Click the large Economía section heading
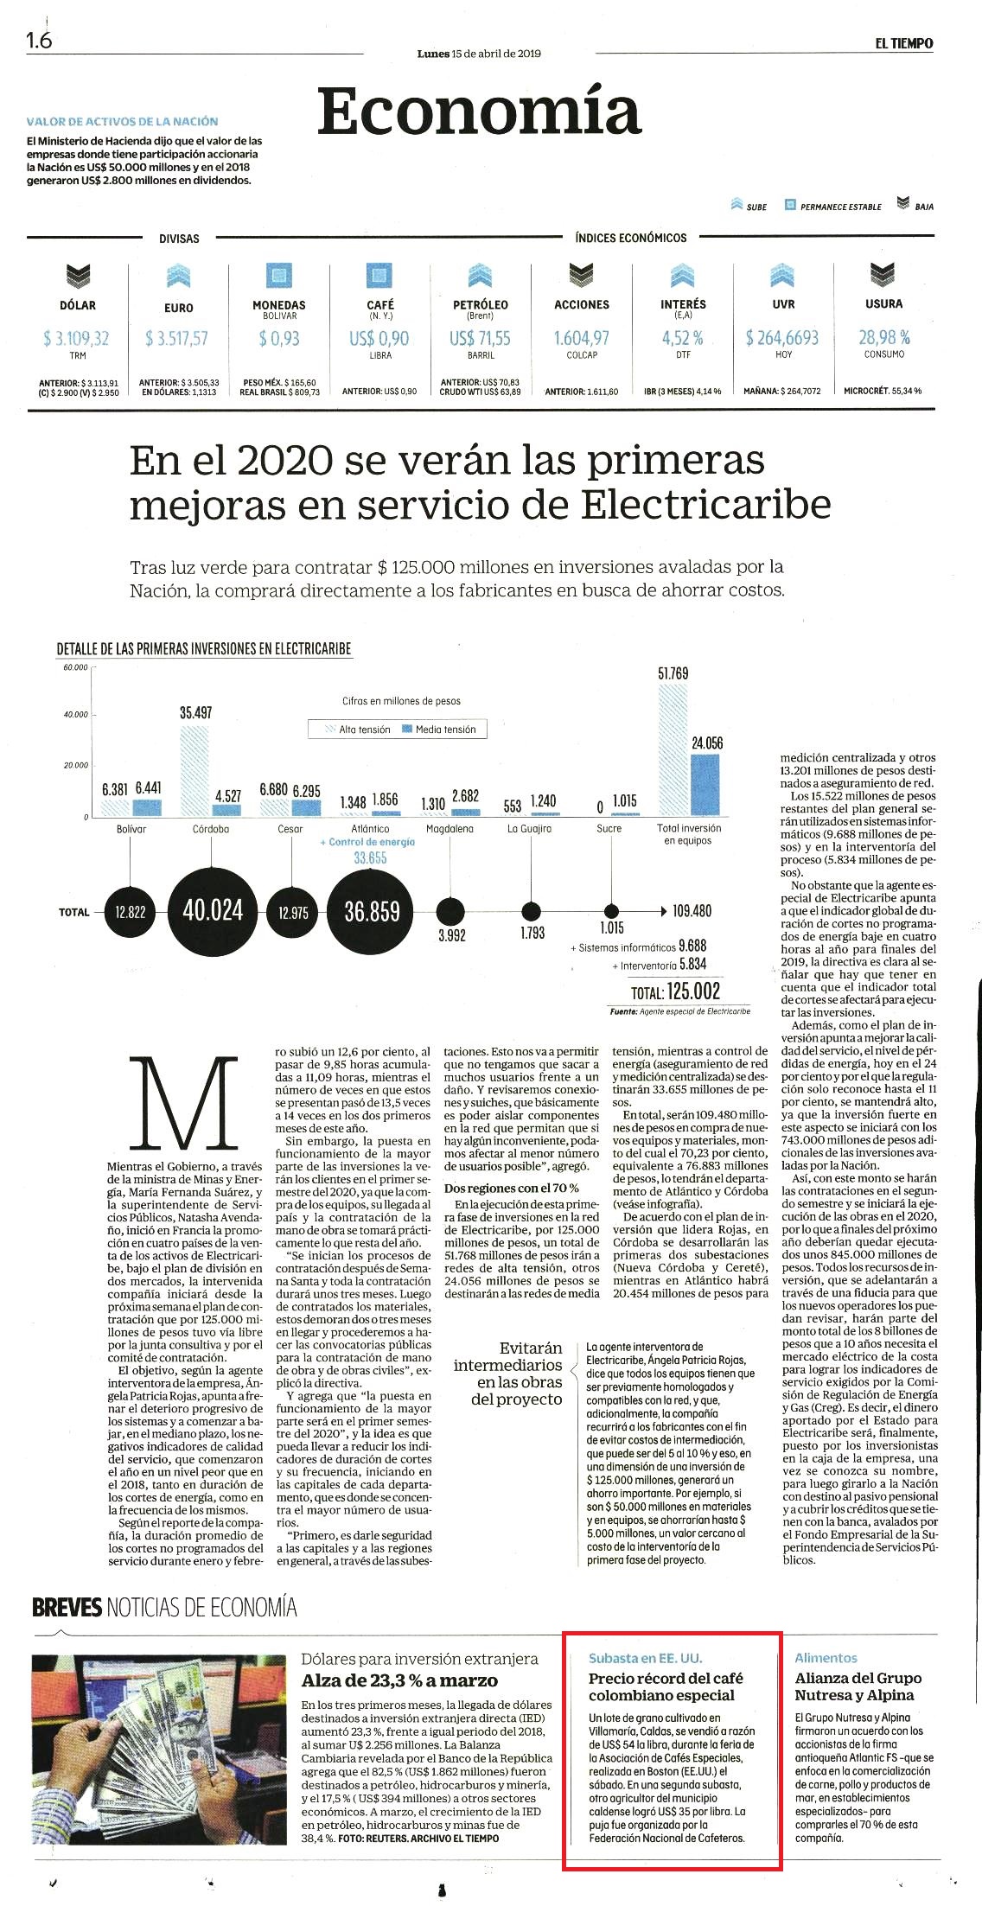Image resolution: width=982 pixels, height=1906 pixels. point(479,112)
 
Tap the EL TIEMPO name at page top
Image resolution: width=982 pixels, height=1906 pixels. point(904,43)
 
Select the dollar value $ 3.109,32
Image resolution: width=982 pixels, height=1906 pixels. point(76,338)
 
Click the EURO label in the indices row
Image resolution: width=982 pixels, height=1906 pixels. point(178,308)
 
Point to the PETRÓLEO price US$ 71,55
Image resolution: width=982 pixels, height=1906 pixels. point(480,338)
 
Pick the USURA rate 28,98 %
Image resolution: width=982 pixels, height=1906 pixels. point(883,337)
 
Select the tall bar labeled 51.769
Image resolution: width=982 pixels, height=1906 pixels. point(673,749)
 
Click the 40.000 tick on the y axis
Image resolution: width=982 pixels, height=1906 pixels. point(75,715)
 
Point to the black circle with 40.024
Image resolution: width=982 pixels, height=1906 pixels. point(213,911)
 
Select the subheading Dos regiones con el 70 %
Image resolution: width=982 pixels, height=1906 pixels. point(512,1189)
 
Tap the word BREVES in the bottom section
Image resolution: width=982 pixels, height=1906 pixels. point(67,1609)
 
